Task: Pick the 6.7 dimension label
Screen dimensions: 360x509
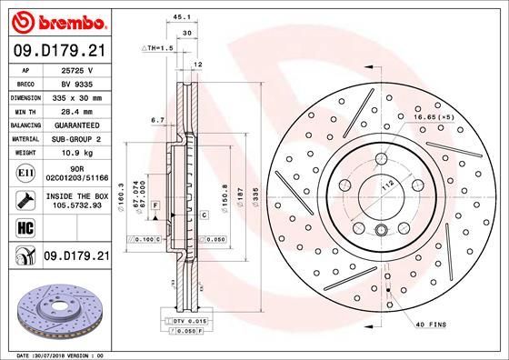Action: [x=156, y=119]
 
